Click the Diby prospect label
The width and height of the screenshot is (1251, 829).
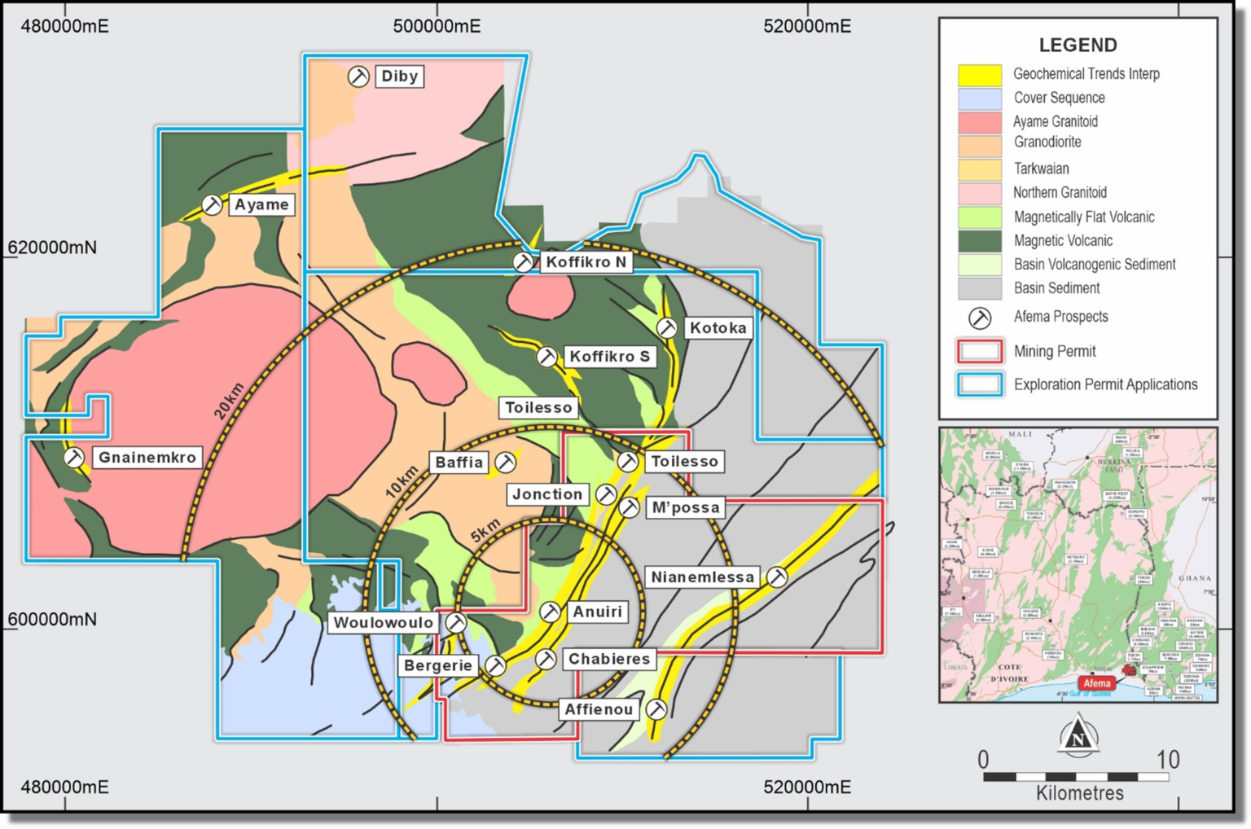[x=399, y=77]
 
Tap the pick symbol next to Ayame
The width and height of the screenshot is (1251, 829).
[x=212, y=204]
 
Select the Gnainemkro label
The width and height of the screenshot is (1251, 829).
[x=147, y=458]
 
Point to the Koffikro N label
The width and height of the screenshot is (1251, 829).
[x=586, y=262]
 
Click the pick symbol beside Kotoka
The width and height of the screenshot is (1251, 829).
[x=667, y=328]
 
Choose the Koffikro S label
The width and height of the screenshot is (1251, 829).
[x=609, y=357]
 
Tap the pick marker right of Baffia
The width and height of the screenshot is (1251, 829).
[x=506, y=463]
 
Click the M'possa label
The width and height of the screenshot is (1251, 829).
[x=686, y=508]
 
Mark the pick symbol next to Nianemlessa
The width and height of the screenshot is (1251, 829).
[x=778, y=577]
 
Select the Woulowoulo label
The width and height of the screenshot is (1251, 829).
[x=383, y=623]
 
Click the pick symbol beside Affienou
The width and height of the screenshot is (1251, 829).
[x=656, y=709]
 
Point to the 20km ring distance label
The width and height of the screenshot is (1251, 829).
[x=229, y=401]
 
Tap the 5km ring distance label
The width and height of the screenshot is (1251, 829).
[x=485, y=531]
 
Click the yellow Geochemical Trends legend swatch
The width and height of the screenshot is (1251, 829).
[x=980, y=75]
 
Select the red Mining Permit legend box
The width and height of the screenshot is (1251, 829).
[x=980, y=352]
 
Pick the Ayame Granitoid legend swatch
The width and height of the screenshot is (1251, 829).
[x=980, y=122]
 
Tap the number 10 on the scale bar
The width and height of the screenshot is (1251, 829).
[x=1168, y=760]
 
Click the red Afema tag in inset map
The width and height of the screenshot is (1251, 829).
[x=1096, y=683]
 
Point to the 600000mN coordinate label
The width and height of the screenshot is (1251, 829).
[x=52, y=620]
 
